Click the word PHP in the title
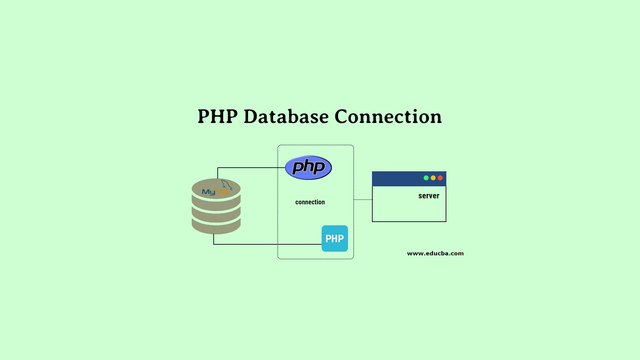point(218,116)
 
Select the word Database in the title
point(286,116)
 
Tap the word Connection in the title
point(388,116)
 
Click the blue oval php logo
point(308,167)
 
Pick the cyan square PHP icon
point(335,238)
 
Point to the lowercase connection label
point(310,202)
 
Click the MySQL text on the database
point(216,192)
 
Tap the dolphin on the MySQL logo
point(227,185)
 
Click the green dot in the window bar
point(426,178)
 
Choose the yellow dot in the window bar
point(433,178)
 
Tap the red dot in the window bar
point(440,178)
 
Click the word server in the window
point(429,196)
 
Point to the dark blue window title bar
point(409,179)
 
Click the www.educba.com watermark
point(435,253)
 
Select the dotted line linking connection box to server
point(363,200)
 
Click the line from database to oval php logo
point(247,168)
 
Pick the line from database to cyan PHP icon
point(263,244)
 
